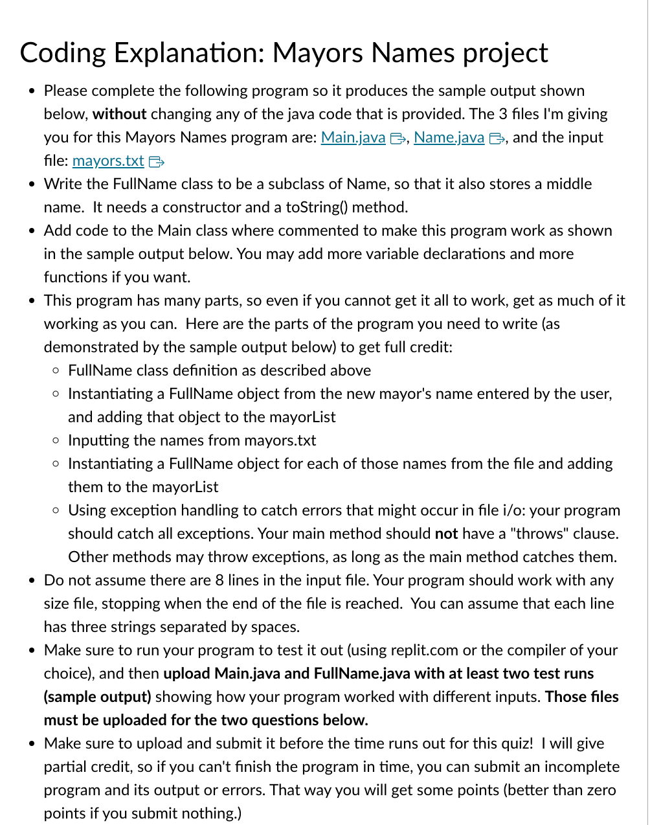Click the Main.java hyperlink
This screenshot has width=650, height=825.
click(x=353, y=137)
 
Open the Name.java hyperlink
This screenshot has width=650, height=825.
click(x=449, y=137)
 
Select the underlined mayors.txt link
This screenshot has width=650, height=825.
click(x=108, y=161)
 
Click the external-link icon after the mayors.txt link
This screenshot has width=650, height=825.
click(x=156, y=161)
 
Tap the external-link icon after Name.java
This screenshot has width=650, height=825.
click(x=497, y=138)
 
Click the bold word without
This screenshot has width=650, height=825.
click(x=119, y=114)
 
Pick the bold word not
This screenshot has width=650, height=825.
click(x=446, y=534)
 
